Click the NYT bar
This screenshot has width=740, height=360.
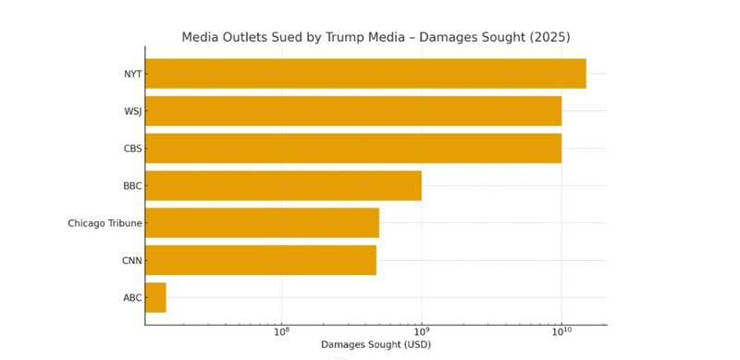[365, 74]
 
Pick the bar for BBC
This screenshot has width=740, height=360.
[283, 186]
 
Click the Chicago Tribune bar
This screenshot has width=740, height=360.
[262, 223]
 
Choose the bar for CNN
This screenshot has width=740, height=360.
[260, 260]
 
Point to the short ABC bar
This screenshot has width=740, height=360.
[155, 297]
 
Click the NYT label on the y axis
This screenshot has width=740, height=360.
[132, 74]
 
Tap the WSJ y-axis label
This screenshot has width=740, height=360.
[132, 111]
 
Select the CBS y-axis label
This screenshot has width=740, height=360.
[132, 148]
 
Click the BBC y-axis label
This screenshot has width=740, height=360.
[132, 186]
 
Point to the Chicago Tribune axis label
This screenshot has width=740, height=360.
[105, 223]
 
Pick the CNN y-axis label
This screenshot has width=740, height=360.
[131, 260]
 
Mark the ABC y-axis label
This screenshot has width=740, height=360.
[132, 298]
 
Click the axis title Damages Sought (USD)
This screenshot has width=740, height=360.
[376, 345]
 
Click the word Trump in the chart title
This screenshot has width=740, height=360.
[344, 38]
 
